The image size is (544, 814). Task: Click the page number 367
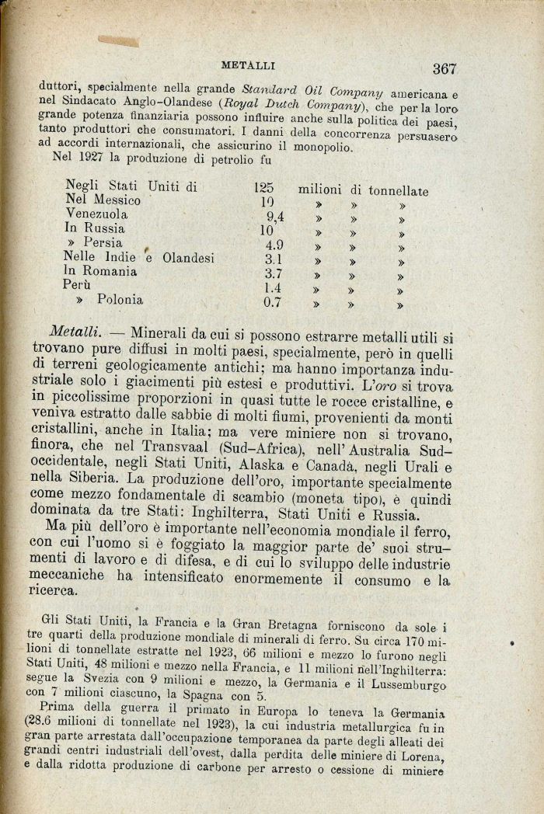445,68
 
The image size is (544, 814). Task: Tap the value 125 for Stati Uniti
264,187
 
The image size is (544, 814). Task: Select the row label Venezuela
97,215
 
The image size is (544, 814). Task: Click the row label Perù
79,286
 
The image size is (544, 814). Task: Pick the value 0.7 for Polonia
272,301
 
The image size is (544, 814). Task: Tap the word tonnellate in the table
398,190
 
